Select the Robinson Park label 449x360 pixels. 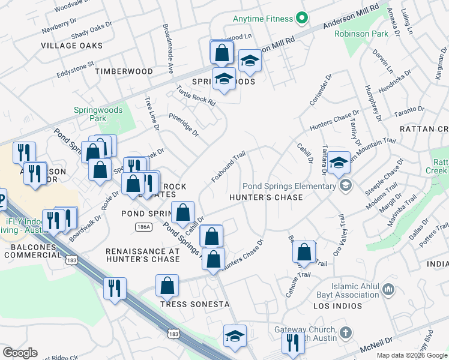tap(362, 34)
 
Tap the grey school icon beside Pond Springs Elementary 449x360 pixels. tap(345, 186)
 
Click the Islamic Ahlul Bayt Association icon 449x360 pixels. tap(388, 291)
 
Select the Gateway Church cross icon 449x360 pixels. tap(345, 331)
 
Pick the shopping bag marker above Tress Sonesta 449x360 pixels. tap(167, 286)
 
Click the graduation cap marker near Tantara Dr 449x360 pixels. tap(339, 162)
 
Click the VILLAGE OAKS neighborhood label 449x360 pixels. tap(71, 46)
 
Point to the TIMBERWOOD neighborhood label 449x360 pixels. tap(124, 71)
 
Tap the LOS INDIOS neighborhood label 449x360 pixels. tap(339, 306)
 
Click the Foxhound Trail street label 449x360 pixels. tap(228, 167)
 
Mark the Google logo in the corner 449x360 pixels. tap(20, 353)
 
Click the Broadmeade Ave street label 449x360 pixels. tap(167, 49)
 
